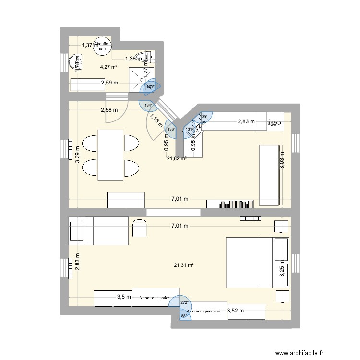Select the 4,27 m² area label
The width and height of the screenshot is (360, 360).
click(109, 67)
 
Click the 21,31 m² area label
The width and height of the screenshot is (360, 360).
click(185, 264)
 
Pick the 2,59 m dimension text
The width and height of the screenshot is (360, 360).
click(109, 84)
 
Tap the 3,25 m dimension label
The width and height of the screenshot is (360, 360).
click(282, 271)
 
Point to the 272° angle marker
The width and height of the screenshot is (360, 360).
click(185, 302)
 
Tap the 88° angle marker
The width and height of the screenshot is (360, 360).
click(183, 315)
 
